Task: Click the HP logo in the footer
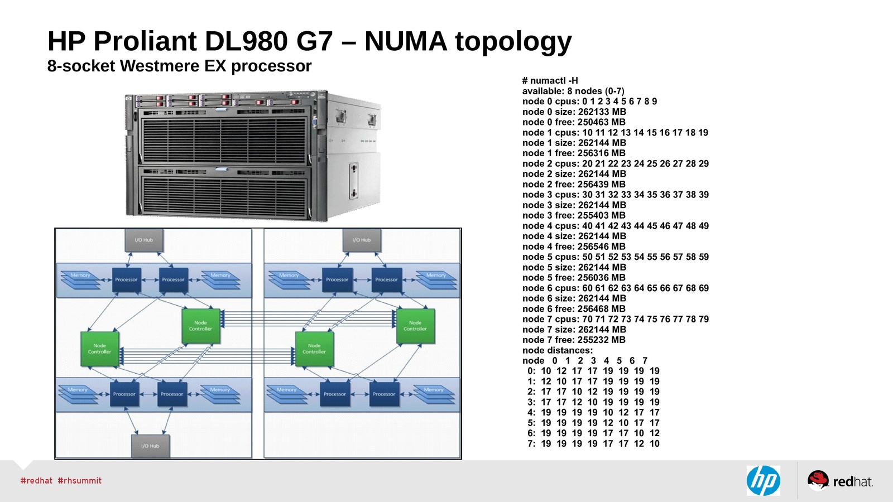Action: [x=763, y=481]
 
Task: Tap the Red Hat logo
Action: [x=840, y=481]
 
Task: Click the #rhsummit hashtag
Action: [x=80, y=481]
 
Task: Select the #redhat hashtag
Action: [x=36, y=481]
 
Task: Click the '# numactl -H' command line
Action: [x=550, y=80]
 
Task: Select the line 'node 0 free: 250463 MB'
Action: [x=574, y=122]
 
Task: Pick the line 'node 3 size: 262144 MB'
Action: [x=574, y=205]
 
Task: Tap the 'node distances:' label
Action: [x=557, y=350]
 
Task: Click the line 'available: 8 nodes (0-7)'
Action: [x=573, y=91]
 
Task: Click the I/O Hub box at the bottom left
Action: [x=150, y=446]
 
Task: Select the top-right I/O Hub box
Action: [x=361, y=240]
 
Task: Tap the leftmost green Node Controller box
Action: [x=99, y=349]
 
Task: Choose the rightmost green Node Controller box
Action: [x=415, y=326]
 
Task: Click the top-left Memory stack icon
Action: [x=80, y=280]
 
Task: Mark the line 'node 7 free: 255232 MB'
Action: [x=574, y=340]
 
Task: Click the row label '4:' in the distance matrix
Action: [x=531, y=413]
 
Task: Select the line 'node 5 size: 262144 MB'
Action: [x=574, y=267]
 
